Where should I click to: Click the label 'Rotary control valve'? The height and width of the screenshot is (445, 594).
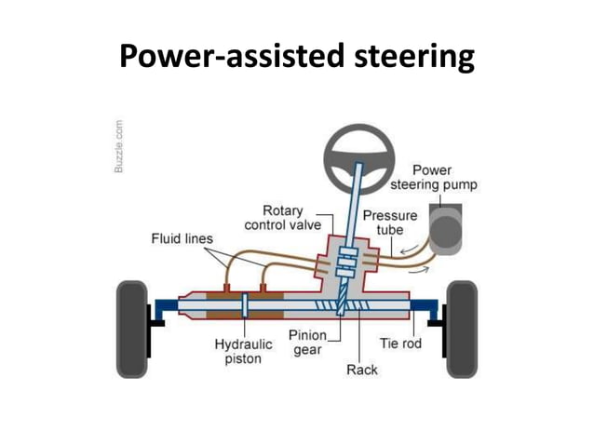tap(282, 218)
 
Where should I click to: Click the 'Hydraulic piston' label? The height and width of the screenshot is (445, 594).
tap(243, 351)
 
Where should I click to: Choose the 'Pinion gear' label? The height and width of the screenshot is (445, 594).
tap(306, 343)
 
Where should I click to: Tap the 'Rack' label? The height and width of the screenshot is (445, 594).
tap(361, 371)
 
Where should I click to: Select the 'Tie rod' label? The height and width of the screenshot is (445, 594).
tap(401, 344)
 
